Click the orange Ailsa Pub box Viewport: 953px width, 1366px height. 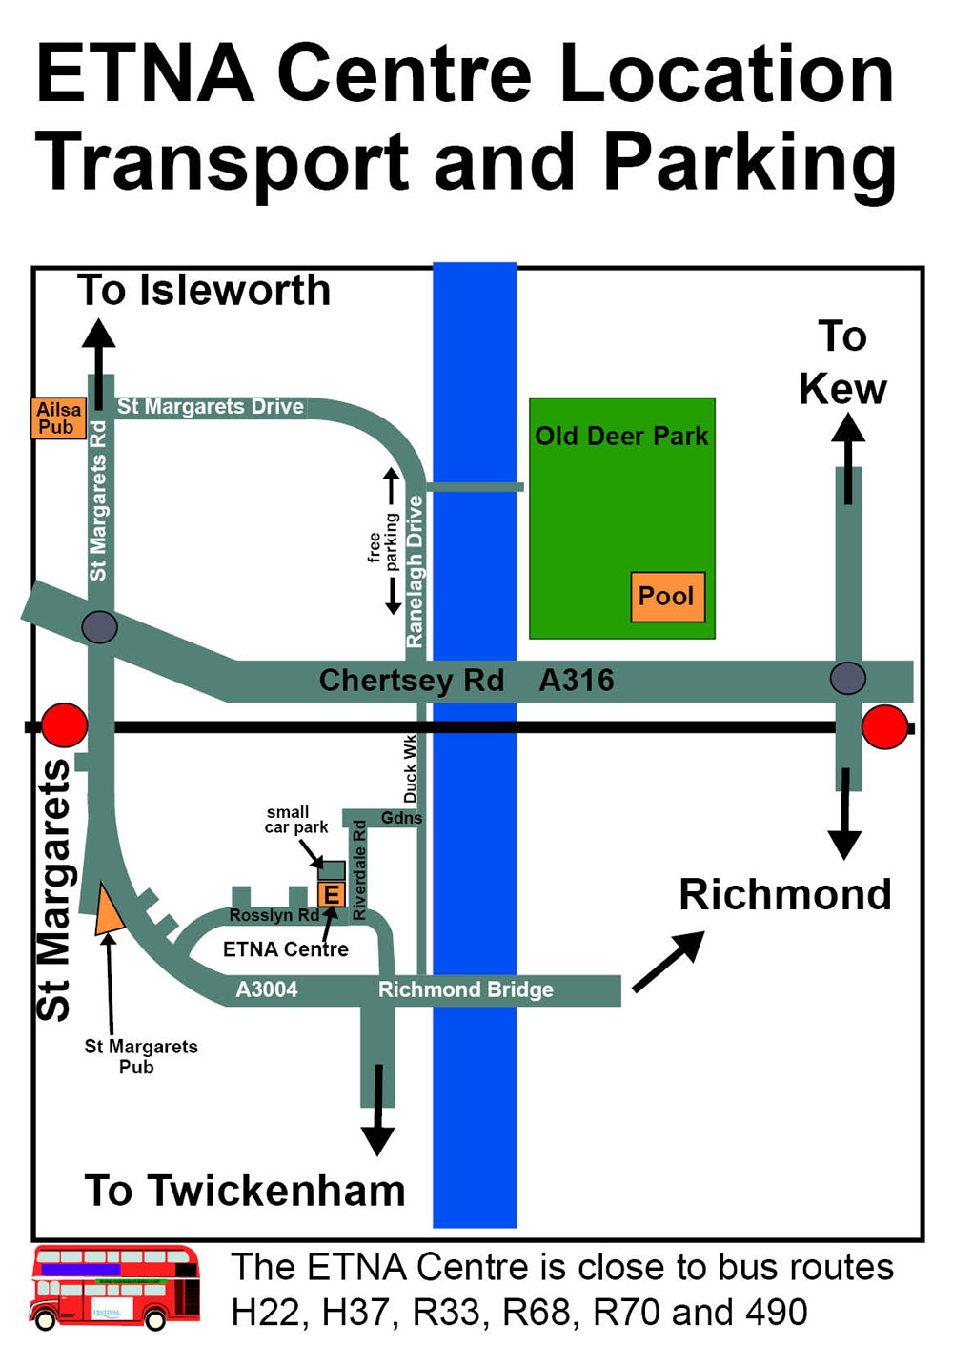58,418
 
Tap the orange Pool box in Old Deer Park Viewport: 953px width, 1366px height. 667,597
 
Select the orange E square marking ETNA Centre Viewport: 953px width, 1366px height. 331,894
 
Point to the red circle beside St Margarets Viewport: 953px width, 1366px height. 64,726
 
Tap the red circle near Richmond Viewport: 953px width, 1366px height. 884,727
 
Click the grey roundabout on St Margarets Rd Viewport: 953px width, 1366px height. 99,627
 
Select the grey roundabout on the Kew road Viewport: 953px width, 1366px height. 847,679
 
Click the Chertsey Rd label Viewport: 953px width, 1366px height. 411,681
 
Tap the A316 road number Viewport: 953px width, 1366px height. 577,681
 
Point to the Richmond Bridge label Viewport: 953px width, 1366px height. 466,989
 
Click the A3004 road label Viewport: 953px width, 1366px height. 267,989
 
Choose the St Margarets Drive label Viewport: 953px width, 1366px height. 211,407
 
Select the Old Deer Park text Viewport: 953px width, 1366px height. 621,437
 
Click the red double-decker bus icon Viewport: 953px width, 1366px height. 115,1287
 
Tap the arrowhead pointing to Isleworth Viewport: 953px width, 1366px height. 98,335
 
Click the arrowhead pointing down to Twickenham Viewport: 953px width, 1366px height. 378,1139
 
